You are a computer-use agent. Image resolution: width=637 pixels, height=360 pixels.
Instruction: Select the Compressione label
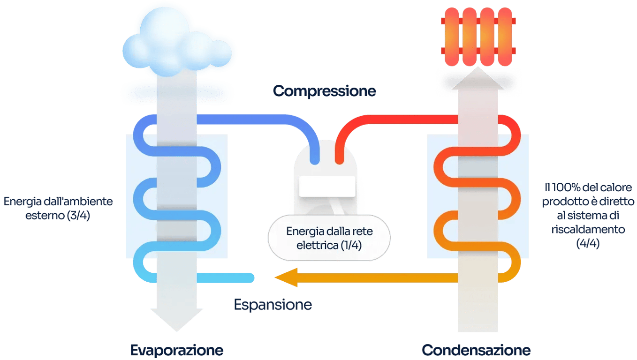pyautogui.click(x=324, y=91)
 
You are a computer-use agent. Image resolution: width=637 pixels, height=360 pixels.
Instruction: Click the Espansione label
pyautogui.click(x=273, y=305)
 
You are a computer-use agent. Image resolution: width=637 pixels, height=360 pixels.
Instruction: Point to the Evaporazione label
pyautogui.click(x=177, y=350)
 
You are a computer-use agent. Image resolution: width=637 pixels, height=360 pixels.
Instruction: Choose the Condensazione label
pyautogui.click(x=476, y=350)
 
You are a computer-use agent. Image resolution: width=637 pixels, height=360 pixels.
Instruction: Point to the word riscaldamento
pyautogui.click(x=588, y=230)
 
